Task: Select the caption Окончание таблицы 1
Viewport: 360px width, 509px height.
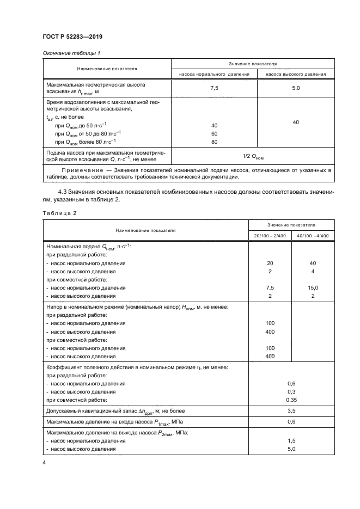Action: coord(69,53)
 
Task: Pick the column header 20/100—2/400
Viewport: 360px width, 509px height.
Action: coord(269,235)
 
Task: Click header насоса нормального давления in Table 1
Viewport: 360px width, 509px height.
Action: coord(214,74)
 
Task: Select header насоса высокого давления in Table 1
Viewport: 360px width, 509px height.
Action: coord(296,74)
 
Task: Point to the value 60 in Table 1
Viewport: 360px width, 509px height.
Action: coord(214,133)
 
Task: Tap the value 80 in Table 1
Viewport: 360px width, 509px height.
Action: coord(214,142)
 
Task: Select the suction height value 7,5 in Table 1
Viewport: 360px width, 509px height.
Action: coord(214,88)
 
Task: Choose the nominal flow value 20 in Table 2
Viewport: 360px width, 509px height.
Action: coord(270,263)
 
